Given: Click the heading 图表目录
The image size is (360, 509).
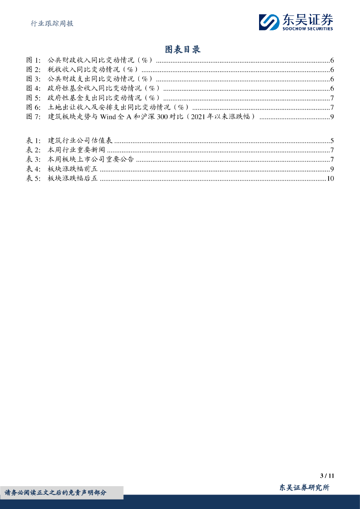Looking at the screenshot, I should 182,49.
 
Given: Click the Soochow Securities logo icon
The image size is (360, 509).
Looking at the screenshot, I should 269,22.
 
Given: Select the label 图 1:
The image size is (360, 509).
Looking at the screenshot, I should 33,60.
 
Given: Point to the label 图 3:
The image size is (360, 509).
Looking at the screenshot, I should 33,79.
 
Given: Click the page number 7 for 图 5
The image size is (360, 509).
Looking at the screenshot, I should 332,98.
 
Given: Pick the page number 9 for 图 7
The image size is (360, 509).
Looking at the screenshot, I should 332,117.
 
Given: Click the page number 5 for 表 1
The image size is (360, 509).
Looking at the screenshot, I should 332,141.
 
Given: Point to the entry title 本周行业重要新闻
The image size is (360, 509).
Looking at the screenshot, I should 77,150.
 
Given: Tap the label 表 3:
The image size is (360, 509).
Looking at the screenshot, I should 33,160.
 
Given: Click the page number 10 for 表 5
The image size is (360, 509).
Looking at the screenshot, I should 330,178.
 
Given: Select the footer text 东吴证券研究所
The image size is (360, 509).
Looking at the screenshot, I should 304,488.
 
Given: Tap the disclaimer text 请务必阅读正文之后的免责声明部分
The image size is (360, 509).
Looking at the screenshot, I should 55,493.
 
